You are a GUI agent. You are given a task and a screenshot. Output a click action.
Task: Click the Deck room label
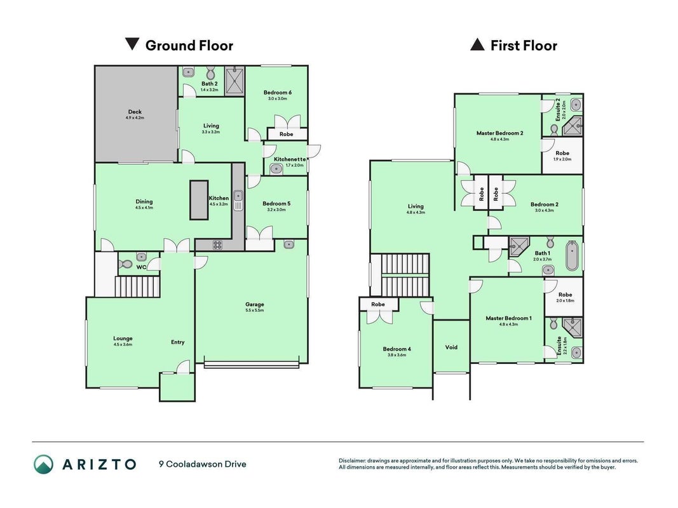coord(135,112)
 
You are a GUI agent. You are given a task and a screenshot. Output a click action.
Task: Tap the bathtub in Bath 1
coord(572,256)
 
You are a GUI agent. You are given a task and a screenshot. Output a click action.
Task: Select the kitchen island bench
coord(199,200)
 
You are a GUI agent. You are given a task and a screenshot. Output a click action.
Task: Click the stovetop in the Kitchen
coord(217,245)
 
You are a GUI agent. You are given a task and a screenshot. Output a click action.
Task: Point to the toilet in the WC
coord(125,264)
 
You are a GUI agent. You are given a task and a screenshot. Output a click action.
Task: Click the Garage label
coord(255,304)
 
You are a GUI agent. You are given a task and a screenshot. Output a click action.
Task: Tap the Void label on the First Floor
coord(451,347)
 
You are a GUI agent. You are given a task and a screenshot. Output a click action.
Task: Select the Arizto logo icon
coord(44,464)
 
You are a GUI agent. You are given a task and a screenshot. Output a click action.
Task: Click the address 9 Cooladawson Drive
coord(203,464)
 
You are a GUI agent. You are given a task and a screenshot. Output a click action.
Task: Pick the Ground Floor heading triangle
coord(132,44)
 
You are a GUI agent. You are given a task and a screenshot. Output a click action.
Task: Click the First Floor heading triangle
coord(477,44)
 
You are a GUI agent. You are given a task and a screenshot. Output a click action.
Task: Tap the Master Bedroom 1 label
coord(508,318)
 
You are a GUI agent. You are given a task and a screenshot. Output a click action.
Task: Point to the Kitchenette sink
coord(276,170)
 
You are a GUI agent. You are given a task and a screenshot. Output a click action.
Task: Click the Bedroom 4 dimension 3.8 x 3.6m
coord(397,355)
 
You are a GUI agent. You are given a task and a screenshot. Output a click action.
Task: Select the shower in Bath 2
coord(235,79)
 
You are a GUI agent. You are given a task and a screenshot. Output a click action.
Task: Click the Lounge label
coord(123,338)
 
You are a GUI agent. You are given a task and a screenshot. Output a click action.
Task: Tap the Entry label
coord(178,342)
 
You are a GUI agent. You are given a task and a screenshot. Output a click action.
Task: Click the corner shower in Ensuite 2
coord(573,126)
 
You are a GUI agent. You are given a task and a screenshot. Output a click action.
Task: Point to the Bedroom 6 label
coord(278,93)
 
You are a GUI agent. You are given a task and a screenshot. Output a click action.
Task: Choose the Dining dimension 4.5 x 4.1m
coord(144,208)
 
